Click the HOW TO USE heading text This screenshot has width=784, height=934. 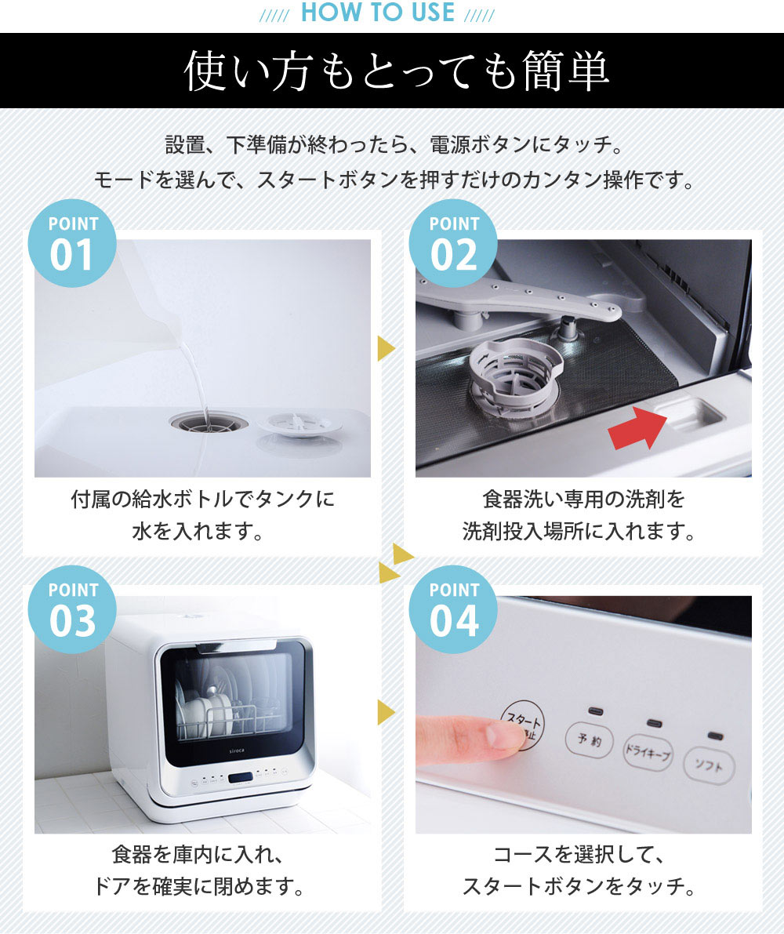coord(377,13)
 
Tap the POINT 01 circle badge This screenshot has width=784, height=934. coord(72,243)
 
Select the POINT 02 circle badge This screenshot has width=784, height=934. coord(453,243)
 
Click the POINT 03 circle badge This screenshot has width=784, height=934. coord(72,609)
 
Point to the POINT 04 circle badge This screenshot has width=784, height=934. coord(453,609)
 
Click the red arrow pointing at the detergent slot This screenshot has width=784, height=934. coord(637,427)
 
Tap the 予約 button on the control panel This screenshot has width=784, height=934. coord(590,740)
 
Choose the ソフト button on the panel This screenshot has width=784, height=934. coord(710,765)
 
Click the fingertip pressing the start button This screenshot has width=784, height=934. coord(503,735)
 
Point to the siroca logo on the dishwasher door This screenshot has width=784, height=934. coord(237,751)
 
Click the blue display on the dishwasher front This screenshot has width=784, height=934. coord(240,778)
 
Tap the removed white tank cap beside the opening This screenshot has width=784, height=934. coord(299,424)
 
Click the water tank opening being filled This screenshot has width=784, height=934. coord(209,423)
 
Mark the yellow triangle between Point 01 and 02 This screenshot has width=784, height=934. coord(386,348)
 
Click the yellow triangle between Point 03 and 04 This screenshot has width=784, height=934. coord(386,712)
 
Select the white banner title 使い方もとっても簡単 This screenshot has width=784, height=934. coord(395,71)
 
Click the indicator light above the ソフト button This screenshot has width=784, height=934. coord(715,737)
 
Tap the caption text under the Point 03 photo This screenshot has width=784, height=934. coord(199,870)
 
